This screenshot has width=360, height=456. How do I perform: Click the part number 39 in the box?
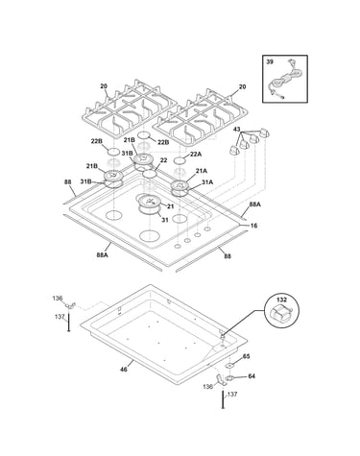(x=270, y=62)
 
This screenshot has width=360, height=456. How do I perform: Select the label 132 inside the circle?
(x=281, y=300)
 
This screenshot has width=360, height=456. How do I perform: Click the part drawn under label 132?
(x=280, y=313)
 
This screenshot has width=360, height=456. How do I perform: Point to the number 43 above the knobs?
(x=236, y=130)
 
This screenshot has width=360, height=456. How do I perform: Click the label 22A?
(x=196, y=154)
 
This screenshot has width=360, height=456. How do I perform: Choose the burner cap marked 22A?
(x=180, y=160)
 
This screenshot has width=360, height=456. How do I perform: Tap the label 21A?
(x=202, y=171)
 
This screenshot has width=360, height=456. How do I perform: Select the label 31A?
(x=207, y=181)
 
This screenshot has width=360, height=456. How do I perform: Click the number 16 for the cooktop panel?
(x=253, y=226)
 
